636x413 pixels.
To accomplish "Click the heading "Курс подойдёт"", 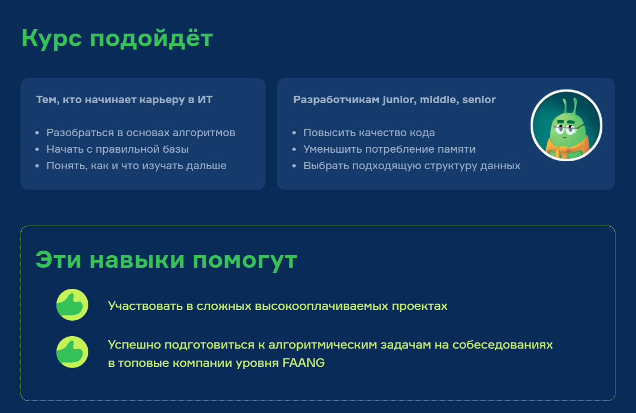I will (117, 39).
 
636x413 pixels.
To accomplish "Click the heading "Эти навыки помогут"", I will (166, 260).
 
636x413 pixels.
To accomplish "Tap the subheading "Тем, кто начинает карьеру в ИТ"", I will (124, 100).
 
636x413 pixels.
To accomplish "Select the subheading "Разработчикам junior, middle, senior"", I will (394, 100).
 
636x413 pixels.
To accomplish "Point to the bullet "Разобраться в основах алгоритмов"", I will (141, 133).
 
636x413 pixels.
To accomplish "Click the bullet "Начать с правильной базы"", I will (117, 149).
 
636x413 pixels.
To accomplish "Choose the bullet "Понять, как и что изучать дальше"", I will (136, 166).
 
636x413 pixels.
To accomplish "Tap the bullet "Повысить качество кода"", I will (369, 133).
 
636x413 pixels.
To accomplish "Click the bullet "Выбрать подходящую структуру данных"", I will (411, 166).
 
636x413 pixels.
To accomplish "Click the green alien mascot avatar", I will (566, 125).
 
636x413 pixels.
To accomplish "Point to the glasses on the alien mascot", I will (564, 129).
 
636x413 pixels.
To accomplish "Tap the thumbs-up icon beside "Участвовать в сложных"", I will (72, 305).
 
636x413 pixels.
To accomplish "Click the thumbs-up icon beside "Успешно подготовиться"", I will (72, 352).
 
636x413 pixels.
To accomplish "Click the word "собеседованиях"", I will (508, 345).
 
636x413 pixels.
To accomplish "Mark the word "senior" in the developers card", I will (479, 100).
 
